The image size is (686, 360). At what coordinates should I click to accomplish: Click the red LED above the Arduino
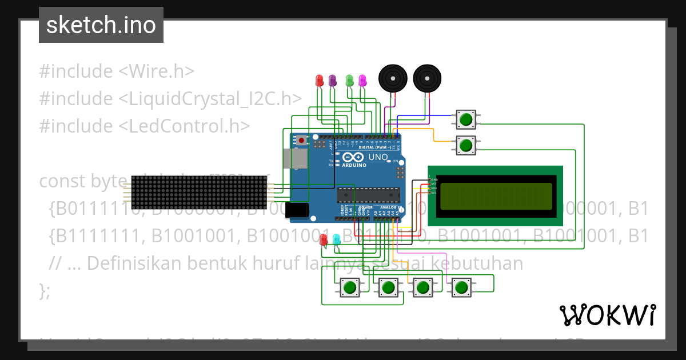tap(320, 81)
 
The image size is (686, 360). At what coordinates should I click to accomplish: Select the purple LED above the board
tap(333, 81)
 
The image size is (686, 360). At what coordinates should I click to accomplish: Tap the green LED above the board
tap(349, 81)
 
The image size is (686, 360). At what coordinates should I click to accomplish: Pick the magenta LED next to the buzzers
tap(362, 81)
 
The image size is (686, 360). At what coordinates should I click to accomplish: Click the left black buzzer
tap(393, 78)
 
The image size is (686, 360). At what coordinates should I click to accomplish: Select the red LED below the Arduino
tap(324, 239)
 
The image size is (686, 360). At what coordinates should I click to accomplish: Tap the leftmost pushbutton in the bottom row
tap(350, 287)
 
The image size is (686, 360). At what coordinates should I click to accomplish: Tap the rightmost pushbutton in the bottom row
tap(461, 287)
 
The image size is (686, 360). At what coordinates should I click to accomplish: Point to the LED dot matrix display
tap(200, 193)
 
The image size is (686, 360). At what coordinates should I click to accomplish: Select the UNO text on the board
tap(377, 157)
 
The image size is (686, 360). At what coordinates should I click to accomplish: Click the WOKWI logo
tap(607, 315)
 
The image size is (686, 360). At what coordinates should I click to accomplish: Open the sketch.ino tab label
tap(101, 25)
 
